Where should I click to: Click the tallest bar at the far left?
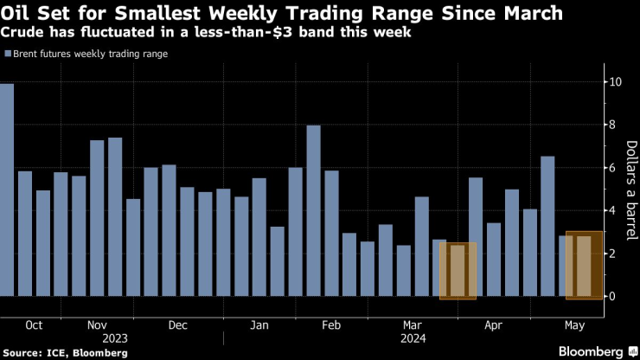pos(7,190)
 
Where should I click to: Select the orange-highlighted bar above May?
pos(579,266)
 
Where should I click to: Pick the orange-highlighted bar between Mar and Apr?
pos(458,271)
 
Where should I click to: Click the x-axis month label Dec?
pos(177,326)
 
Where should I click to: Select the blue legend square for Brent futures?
pos(8,54)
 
